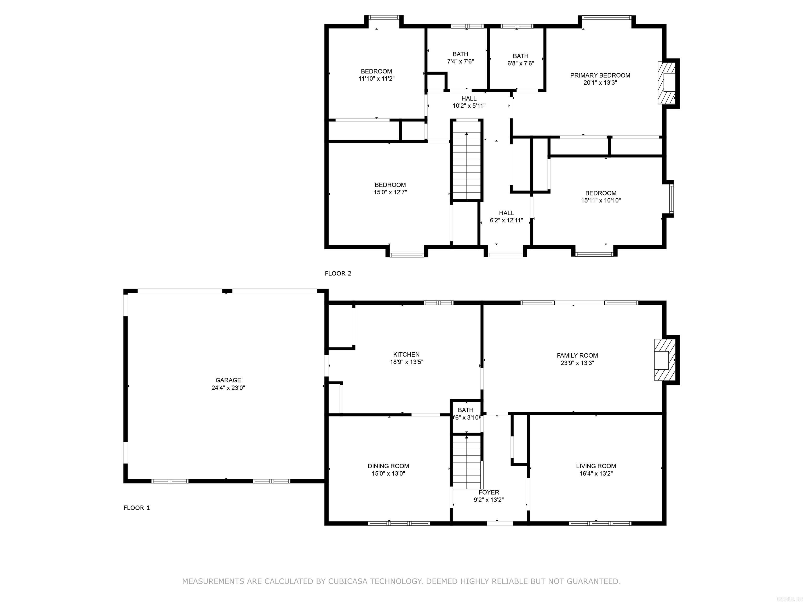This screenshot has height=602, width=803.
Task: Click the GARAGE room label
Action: (228, 380)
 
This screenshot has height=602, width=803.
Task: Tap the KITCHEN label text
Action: (406, 355)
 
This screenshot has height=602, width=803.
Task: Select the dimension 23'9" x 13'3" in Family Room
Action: (577, 363)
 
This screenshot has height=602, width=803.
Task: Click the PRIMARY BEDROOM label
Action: (600, 76)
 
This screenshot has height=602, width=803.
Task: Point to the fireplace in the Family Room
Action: (665, 360)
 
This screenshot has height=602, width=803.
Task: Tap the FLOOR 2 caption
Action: (338, 274)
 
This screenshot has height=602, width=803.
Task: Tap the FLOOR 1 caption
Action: (136, 508)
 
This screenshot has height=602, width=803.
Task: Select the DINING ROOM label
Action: (388, 466)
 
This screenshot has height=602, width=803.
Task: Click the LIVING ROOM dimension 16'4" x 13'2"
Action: (596, 473)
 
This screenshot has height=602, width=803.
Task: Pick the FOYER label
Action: (489, 493)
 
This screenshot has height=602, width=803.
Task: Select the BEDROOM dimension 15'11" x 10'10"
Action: (601, 200)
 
